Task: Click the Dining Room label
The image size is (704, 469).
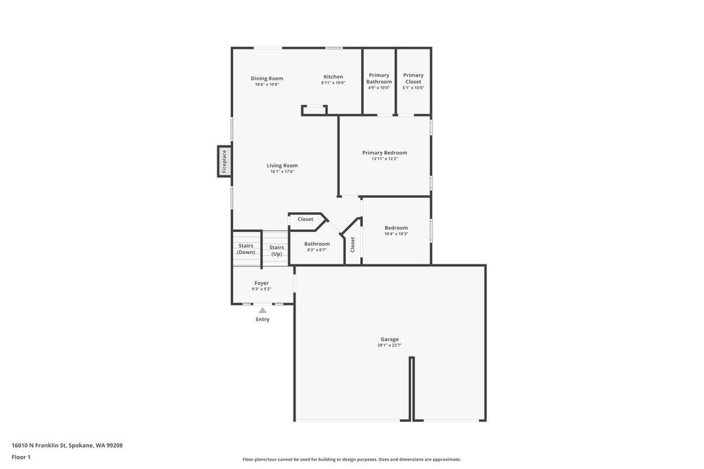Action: click(267, 78)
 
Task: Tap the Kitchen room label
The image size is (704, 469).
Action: click(333, 77)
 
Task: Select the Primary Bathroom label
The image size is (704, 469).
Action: click(379, 78)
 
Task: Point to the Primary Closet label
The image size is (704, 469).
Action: click(413, 78)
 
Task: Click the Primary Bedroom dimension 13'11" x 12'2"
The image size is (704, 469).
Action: click(384, 159)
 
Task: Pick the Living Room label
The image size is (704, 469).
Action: click(282, 165)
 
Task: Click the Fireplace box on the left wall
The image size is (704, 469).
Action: click(224, 161)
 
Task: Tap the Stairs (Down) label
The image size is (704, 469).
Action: click(246, 249)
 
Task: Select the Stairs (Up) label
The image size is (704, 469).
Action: click(276, 251)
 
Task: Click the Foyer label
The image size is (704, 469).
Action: click(261, 283)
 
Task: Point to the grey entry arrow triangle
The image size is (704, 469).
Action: click(263, 310)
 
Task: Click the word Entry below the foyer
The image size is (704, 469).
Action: click(263, 319)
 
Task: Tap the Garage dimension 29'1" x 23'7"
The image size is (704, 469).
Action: click(389, 345)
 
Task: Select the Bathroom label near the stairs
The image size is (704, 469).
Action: click(317, 244)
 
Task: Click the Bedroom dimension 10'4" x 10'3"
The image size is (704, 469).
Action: click(396, 233)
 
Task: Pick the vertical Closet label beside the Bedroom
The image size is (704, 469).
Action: click(353, 244)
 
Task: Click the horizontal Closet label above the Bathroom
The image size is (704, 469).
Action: click(305, 219)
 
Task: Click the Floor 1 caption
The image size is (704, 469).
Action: click(21, 457)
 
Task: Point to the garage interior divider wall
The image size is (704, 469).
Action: click(412, 388)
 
